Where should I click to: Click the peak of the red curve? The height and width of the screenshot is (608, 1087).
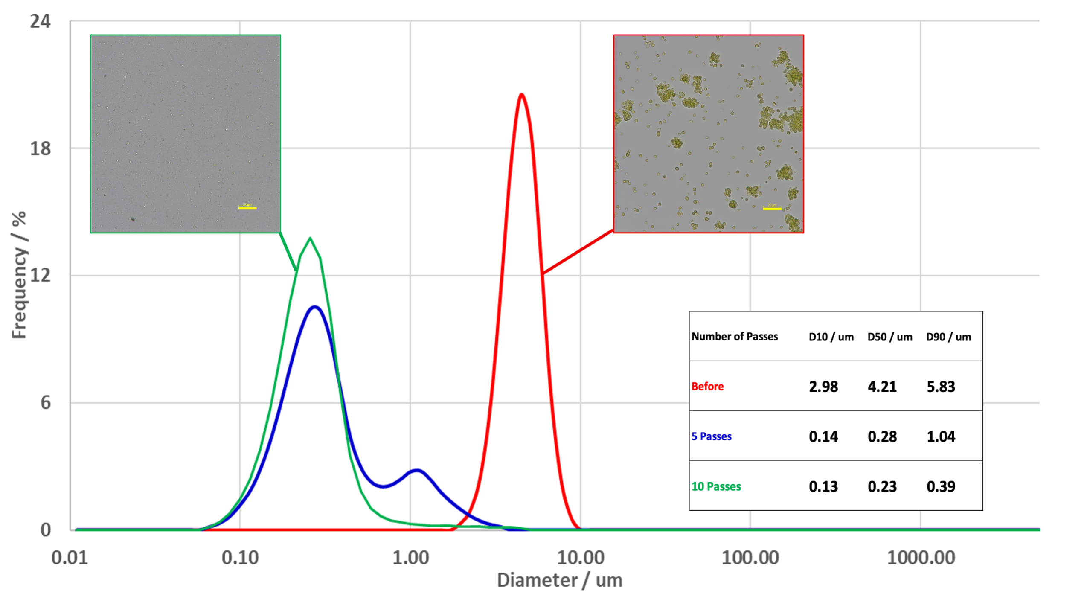pyautogui.click(x=521, y=94)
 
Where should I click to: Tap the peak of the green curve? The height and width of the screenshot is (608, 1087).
pyautogui.click(x=310, y=239)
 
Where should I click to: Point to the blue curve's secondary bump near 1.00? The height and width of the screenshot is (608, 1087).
pyautogui.click(x=416, y=471)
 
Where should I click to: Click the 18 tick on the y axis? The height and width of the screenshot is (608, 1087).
pyautogui.click(x=40, y=149)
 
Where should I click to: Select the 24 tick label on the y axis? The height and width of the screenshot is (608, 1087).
pyautogui.click(x=40, y=21)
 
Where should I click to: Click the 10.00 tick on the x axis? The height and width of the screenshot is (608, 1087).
pyautogui.click(x=581, y=558)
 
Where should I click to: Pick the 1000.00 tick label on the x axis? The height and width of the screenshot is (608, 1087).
pyautogui.click(x=921, y=558)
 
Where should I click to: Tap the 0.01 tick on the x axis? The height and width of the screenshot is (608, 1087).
pyautogui.click(x=70, y=558)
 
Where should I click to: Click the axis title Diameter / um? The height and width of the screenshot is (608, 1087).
pyautogui.click(x=559, y=580)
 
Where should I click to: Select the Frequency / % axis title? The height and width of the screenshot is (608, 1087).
pyautogui.click(x=20, y=276)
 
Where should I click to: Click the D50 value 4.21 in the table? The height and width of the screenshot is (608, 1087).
pyautogui.click(x=882, y=387)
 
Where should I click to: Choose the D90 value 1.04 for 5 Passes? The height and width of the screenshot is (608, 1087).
pyautogui.click(x=941, y=436)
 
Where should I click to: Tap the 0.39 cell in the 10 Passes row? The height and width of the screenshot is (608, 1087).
pyautogui.click(x=941, y=486)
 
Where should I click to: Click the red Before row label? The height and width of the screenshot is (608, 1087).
pyautogui.click(x=707, y=387)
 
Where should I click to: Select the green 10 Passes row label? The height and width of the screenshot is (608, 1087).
pyautogui.click(x=716, y=486)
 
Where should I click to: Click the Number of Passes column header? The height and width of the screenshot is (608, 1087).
pyautogui.click(x=734, y=337)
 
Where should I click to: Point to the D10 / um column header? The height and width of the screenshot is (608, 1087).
pyautogui.click(x=831, y=337)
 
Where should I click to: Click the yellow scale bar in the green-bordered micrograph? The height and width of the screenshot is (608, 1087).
pyautogui.click(x=247, y=208)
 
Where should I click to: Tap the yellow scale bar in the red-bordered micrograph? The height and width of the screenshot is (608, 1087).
pyautogui.click(x=772, y=209)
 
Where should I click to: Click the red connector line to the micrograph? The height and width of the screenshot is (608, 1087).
pyautogui.click(x=578, y=252)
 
